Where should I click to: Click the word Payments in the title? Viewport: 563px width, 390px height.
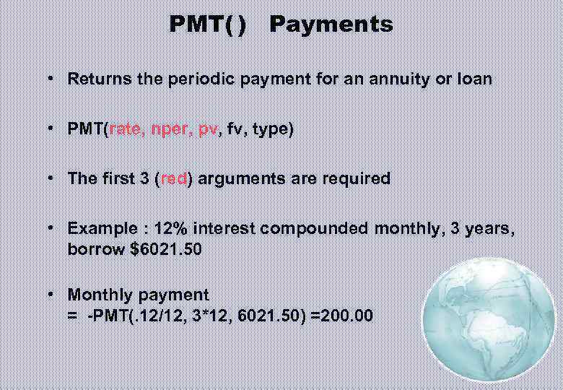pos(331,25)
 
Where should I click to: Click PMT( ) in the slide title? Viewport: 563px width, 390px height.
pos(207,25)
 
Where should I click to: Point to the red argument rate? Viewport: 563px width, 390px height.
pos(126,129)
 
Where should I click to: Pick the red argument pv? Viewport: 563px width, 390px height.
pos(208,130)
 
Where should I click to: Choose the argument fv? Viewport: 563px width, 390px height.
pos(234,129)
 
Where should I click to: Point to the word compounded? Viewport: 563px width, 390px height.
pos(315,228)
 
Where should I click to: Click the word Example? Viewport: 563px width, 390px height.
pos(100,229)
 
